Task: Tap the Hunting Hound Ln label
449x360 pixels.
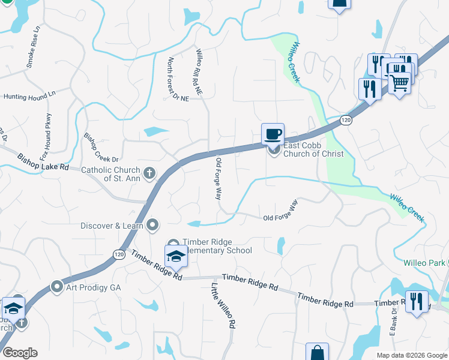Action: (29, 95)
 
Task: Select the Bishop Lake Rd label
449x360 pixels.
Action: (43, 161)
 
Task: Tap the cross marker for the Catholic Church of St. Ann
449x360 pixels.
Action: (149, 174)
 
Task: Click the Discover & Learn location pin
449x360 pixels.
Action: (153, 226)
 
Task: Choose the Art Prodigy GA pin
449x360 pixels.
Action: (58, 287)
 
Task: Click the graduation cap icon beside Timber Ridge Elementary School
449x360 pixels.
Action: (176, 256)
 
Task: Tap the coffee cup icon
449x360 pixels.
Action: (273, 134)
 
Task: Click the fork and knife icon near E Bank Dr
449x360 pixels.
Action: (416, 301)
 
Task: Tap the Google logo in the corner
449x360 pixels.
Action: (20, 353)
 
